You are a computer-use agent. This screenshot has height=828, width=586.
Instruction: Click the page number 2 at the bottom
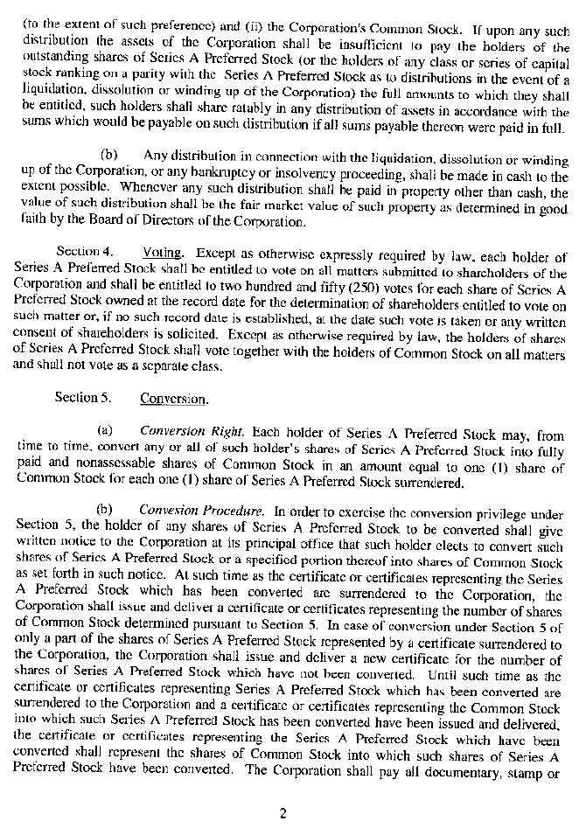(283, 812)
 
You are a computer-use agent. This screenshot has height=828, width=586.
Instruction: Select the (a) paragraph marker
(104, 433)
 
